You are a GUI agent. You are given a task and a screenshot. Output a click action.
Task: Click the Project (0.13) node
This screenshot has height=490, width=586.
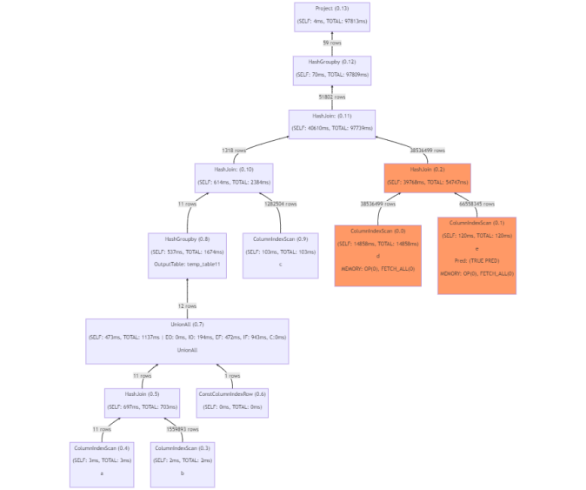click(332, 17)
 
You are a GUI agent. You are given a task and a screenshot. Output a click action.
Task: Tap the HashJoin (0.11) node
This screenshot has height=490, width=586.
click(331, 123)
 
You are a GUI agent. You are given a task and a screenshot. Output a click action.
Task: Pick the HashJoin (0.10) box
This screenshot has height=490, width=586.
click(234, 178)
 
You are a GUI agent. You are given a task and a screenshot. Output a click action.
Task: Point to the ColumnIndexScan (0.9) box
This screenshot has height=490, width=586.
click(280, 254)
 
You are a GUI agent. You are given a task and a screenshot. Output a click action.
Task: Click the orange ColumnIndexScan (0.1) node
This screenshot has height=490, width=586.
click(476, 254)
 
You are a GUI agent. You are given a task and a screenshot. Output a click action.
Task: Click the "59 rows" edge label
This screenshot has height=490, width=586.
click(331, 43)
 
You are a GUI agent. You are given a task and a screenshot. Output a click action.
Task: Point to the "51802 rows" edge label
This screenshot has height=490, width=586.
click(331, 97)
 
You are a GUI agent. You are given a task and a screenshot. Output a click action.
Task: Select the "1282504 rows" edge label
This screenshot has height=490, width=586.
click(279, 204)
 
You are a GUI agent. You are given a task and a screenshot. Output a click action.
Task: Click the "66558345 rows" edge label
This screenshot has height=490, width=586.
click(476, 204)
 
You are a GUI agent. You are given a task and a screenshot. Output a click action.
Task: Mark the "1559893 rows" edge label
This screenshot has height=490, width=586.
click(182, 429)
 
